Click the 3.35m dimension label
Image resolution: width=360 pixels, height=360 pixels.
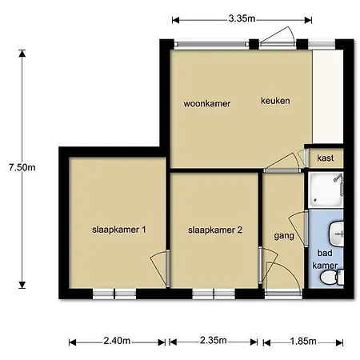coord(242,18)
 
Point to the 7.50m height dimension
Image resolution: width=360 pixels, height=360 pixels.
coord(22,167)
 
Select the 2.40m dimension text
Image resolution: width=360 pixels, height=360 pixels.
coord(117,341)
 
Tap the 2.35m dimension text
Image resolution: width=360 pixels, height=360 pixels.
coord(214,340)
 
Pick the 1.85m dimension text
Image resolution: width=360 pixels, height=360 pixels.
coord(303,341)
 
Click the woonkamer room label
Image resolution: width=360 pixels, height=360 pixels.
coord(207,103)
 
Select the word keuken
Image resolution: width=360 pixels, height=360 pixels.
coord(275,101)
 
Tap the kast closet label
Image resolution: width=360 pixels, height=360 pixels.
coord(326,158)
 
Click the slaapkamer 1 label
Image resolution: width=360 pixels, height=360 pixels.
coord(119,230)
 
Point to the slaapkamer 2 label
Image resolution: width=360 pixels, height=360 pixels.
coord(215,230)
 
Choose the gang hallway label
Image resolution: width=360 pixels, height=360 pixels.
coord(284,236)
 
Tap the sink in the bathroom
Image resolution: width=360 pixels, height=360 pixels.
coord(337,234)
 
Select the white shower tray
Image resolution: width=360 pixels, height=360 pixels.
coord(326,190)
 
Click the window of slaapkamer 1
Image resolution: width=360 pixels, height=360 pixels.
coord(114,294)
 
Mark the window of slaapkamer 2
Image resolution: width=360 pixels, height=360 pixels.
coord(214,294)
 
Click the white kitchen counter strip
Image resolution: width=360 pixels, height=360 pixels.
coord(328,97)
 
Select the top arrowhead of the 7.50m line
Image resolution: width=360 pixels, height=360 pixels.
coord(22,53)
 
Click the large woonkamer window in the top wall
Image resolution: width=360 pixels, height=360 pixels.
coord(211,44)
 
